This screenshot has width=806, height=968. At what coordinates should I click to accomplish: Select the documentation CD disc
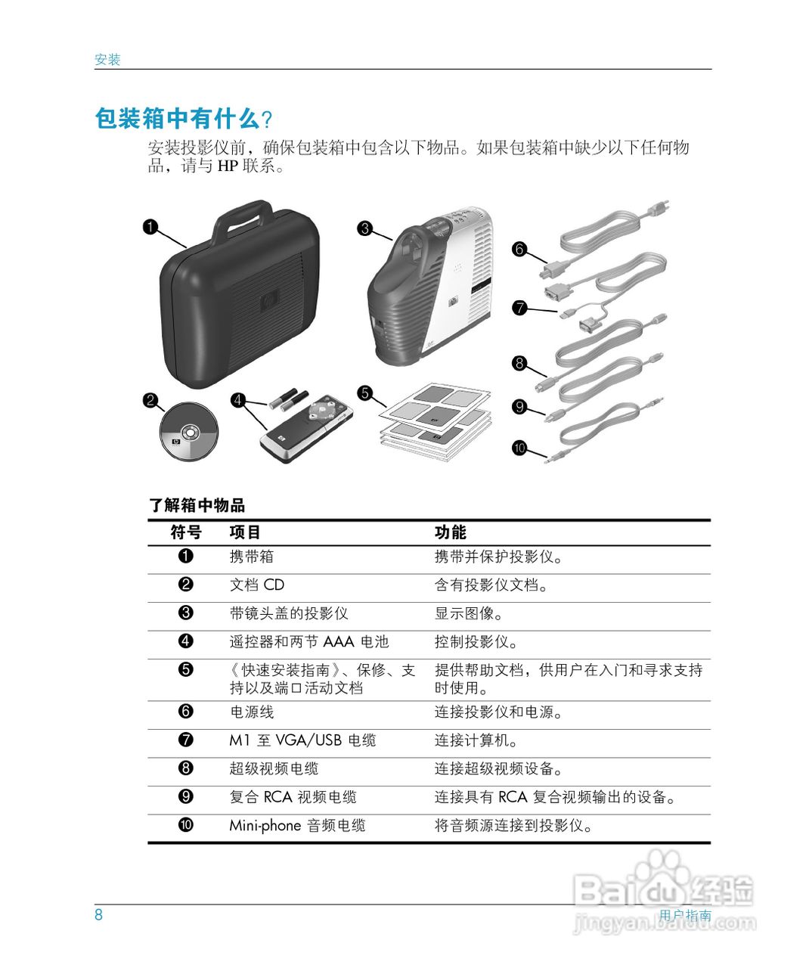tap(188, 431)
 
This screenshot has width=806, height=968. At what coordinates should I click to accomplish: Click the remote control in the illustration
tap(307, 430)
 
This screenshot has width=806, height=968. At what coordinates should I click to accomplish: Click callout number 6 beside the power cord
tap(519, 249)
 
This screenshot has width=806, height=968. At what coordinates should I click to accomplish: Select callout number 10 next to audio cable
tap(519, 448)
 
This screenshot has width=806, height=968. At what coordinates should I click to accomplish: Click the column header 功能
tap(450, 532)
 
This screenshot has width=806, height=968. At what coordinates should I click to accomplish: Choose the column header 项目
tap(245, 532)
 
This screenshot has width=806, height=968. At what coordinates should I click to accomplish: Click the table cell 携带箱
tap(252, 557)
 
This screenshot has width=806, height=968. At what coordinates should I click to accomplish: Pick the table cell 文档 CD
tap(257, 585)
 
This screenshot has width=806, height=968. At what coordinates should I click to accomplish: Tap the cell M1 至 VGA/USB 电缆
tap(302, 740)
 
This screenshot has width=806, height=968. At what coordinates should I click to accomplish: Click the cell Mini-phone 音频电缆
tap(297, 826)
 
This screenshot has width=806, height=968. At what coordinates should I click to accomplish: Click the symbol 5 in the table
tap(186, 669)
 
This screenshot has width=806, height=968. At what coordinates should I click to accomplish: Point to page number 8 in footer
tap(98, 914)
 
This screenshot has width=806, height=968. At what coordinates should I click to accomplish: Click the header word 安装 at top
tap(107, 60)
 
